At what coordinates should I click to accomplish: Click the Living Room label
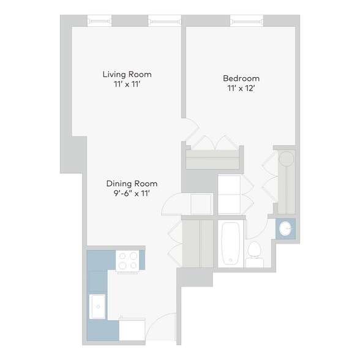[x=127, y=74]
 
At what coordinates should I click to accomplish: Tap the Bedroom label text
[x=241, y=78]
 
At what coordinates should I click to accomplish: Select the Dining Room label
[x=132, y=183]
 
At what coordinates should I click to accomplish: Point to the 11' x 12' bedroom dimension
[x=241, y=88]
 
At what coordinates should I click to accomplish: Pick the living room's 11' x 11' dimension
[x=127, y=84]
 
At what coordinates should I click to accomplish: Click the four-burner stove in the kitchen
[x=128, y=261]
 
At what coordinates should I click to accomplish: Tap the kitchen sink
[x=97, y=305]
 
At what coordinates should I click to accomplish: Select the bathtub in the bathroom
[x=231, y=244]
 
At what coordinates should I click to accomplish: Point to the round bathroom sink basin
[x=285, y=228]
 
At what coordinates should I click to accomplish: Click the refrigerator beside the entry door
[x=132, y=328]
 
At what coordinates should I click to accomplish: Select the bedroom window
[x=247, y=21]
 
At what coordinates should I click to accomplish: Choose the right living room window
[x=165, y=21]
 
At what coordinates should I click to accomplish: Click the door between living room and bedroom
[x=191, y=129]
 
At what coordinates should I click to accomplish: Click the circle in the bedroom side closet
[x=286, y=159]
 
